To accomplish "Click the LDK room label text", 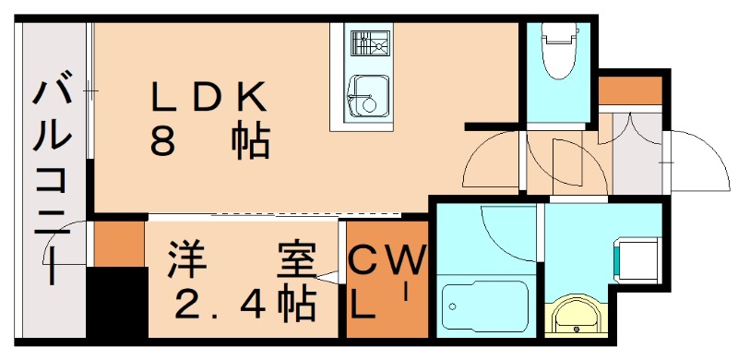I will coord(209,95).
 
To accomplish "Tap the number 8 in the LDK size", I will coord(164,140).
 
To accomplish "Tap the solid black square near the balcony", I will coord(116,304).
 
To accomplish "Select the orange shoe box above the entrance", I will coord(631,90).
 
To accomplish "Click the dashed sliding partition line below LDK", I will coord(304,215).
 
